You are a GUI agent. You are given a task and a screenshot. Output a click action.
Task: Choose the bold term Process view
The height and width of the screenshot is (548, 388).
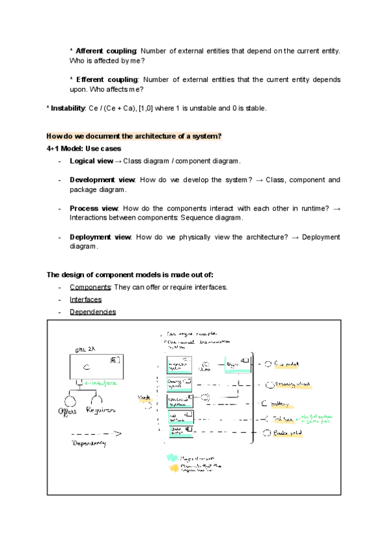pyautogui.click(x=94, y=209)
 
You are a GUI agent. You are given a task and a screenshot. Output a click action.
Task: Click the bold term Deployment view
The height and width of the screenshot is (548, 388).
pyautogui.click(x=100, y=237)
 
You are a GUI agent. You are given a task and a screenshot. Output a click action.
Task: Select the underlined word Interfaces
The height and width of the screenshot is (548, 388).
pyautogui.click(x=85, y=299)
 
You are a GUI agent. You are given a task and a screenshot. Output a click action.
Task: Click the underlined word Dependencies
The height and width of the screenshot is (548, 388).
pyautogui.click(x=92, y=311)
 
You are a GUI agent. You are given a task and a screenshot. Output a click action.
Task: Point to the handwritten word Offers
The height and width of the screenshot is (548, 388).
pyautogui.click(x=68, y=411)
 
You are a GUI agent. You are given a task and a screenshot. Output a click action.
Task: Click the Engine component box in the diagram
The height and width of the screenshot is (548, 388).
pyautogui.click(x=235, y=366)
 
